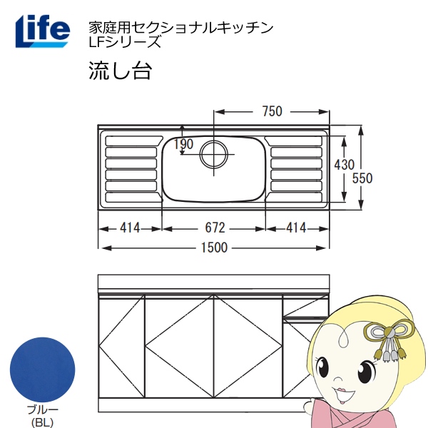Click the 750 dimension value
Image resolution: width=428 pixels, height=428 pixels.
click(x=272, y=111)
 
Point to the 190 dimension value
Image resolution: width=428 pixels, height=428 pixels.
click(x=183, y=145)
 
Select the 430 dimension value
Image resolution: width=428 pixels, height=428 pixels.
click(x=344, y=165)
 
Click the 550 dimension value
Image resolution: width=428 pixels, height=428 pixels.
click(x=364, y=178)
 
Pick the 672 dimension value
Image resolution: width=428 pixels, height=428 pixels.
click(x=215, y=228)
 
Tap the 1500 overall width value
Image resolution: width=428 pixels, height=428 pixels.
click(x=214, y=248)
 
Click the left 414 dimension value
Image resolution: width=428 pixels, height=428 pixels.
click(x=130, y=228)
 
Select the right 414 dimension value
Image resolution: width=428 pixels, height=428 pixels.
click(x=296, y=228)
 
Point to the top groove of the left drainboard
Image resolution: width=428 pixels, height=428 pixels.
click(x=131, y=141)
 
